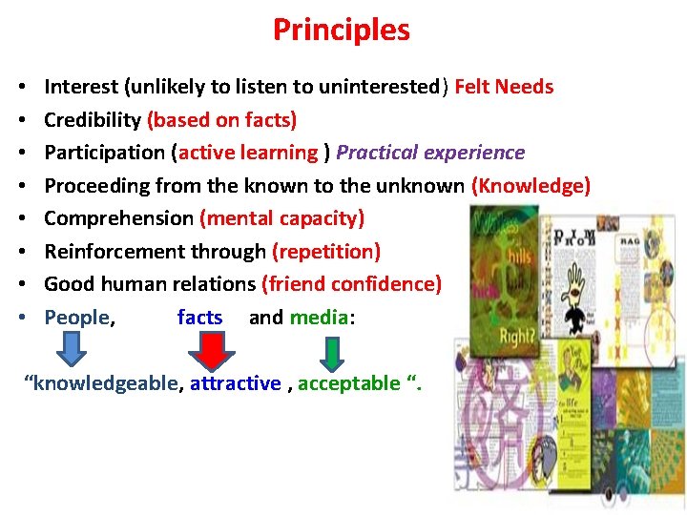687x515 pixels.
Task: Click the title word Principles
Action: pyautogui.click(x=341, y=30)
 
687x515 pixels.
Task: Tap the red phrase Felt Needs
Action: pyautogui.click(x=504, y=87)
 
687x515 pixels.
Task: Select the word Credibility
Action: pyautogui.click(x=93, y=120)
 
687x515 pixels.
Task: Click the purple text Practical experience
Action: pyautogui.click(x=430, y=153)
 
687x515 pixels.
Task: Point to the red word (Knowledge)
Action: pyautogui.click(x=531, y=185)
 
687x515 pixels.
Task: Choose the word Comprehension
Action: pyautogui.click(x=118, y=218)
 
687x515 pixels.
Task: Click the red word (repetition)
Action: pyautogui.click(x=326, y=252)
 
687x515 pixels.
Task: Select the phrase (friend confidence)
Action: pyautogui.click(x=351, y=284)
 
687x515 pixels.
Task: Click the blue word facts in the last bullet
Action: pyautogui.click(x=199, y=318)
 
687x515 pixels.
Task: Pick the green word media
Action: pyautogui.click(x=320, y=318)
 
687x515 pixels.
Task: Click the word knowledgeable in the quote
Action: pyautogui.click(x=105, y=383)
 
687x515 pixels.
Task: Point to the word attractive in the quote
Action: pyautogui.click(x=235, y=383)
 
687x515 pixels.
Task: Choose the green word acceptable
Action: pyautogui.click(x=349, y=383)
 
